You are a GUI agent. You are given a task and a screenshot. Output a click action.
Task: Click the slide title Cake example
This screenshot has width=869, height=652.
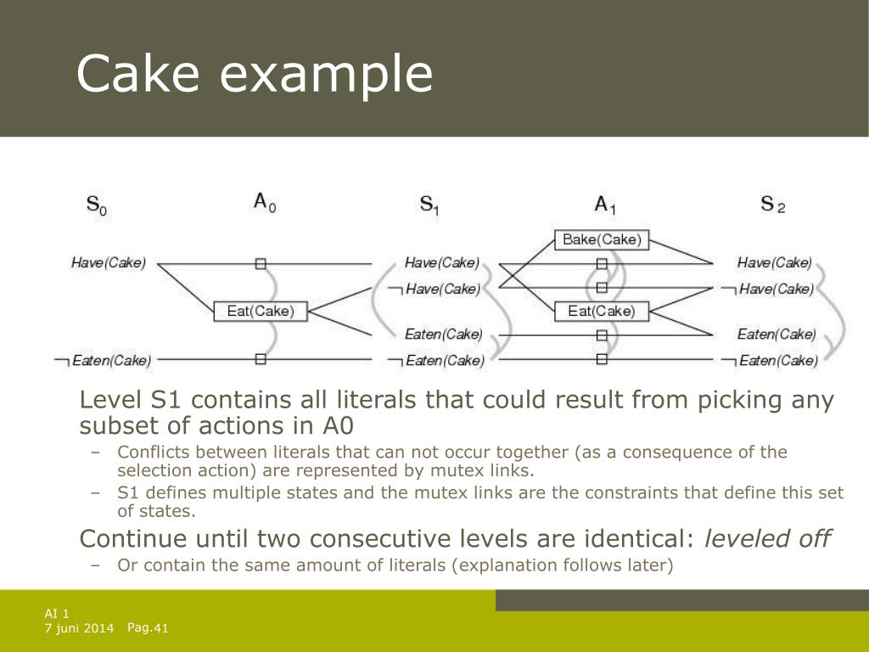pos(254,75)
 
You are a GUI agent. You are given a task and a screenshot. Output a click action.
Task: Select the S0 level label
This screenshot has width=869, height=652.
pos(97,204)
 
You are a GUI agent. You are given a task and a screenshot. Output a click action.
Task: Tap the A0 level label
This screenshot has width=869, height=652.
pos(265,202)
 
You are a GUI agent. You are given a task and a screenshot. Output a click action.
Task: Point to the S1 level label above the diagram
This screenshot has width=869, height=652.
pos(429,204)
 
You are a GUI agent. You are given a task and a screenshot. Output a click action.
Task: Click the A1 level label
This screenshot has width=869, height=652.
pos(604,204)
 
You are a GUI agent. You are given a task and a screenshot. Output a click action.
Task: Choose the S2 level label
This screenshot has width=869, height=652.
pos(772,204)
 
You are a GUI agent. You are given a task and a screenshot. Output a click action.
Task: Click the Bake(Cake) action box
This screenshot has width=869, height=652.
pos(601,239)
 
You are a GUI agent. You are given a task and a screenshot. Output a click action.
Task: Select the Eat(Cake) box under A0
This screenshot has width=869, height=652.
pos(261,311)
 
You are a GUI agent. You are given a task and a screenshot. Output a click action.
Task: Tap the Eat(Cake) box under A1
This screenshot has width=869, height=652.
pos(601,311)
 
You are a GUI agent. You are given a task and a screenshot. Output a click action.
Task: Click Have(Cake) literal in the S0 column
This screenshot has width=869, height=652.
pos(108,263)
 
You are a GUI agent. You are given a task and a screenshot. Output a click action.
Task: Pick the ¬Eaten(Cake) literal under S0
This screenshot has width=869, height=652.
pos(103,361)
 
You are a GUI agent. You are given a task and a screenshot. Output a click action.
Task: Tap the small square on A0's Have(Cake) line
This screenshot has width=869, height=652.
pos(261,263)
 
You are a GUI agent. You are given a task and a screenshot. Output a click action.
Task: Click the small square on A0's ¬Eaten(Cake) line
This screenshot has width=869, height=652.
pos(261,359)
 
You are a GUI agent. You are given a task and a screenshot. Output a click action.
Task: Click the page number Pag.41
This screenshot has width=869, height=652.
pos(149,628)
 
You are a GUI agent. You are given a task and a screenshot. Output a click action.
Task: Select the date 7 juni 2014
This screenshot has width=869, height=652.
pos(79,629)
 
